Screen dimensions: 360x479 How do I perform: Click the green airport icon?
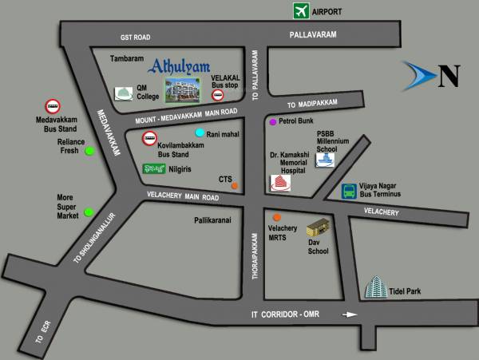301,11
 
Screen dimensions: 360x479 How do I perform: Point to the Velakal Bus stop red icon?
216,95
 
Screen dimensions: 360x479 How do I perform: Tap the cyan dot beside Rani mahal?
200,133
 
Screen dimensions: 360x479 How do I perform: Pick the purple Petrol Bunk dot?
272,122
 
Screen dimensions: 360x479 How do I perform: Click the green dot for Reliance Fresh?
90,151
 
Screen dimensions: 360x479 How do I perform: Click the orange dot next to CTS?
234,186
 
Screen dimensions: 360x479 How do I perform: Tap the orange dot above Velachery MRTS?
276,217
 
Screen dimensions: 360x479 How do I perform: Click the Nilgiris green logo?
153,168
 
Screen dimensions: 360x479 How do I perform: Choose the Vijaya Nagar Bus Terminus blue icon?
349,191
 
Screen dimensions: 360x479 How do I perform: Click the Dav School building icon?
318,227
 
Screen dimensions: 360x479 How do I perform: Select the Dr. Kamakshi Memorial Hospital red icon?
280,184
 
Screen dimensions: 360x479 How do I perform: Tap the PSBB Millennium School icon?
324,159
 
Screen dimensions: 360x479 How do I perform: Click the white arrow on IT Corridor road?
349,315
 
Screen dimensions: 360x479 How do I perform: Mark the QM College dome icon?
124,93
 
